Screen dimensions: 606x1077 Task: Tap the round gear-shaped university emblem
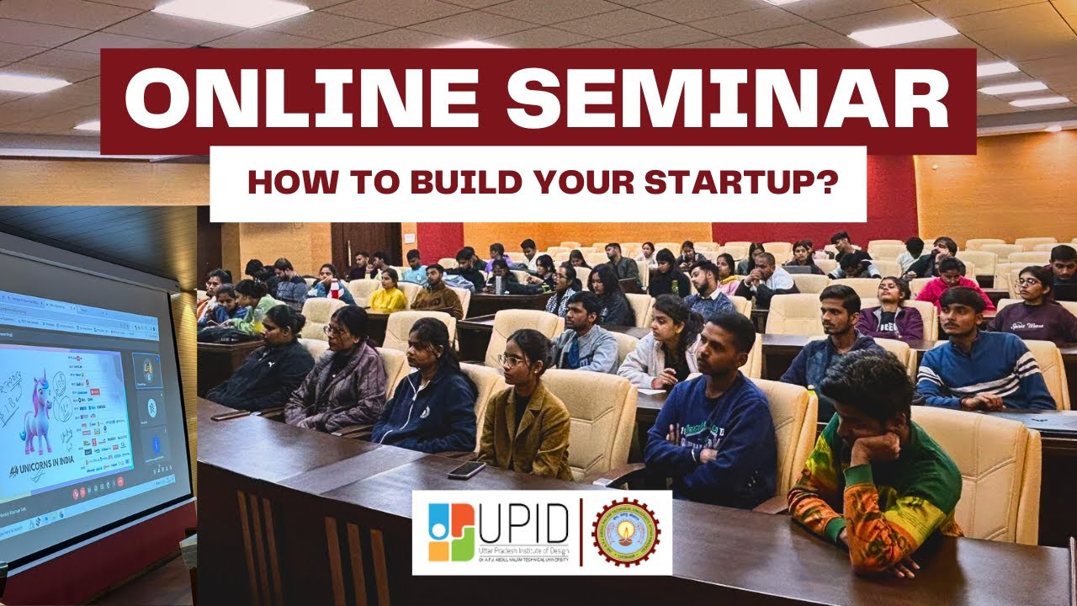coord(625,532)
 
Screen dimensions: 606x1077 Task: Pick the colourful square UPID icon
coord(450,532)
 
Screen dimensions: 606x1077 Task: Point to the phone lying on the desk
coord(466,470)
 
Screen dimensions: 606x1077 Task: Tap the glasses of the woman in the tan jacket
coord(512,360)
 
